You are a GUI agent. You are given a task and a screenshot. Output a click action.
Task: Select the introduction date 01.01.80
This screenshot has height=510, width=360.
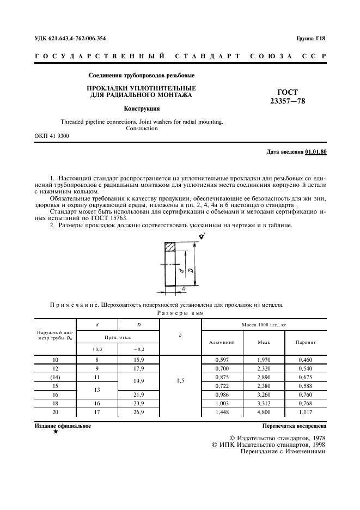[316, 151]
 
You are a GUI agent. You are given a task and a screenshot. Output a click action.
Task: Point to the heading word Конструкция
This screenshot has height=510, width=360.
[141, 108]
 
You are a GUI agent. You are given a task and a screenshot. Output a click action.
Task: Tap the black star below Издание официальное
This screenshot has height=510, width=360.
[56, 432]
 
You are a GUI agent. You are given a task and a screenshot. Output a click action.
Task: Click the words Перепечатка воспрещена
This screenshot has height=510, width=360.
[294, 425]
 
